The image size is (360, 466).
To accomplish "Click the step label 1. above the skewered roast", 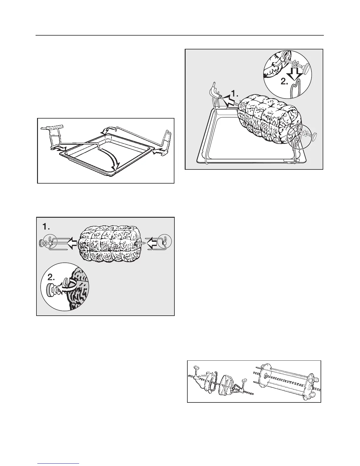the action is [x=46, y=227].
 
